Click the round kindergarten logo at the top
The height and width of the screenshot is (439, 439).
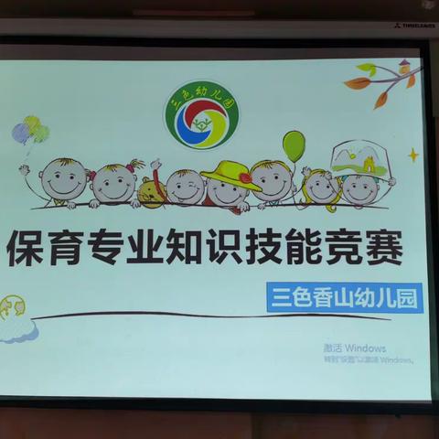201,114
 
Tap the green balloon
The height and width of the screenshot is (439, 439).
294,145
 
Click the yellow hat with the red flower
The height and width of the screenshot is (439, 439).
230,173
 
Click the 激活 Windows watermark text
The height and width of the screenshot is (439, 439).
354,348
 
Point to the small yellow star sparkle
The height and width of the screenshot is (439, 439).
413,155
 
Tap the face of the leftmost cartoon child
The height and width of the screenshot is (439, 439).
64,180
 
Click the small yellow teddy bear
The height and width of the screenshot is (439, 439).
151,191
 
